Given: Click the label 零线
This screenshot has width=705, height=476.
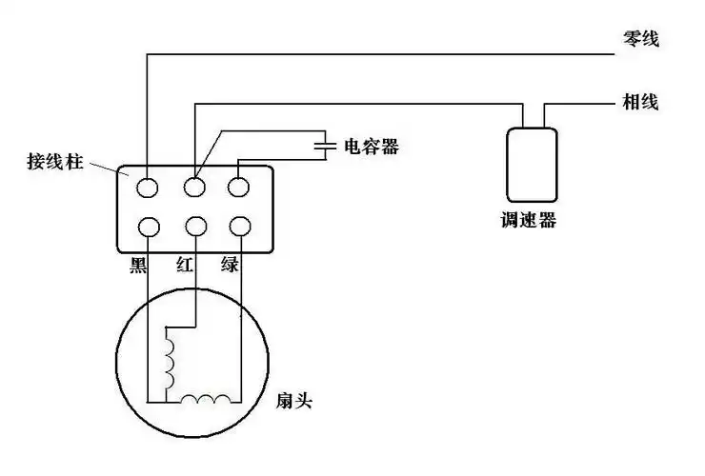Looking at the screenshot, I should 639,40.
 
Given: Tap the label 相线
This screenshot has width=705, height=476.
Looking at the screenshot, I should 640,101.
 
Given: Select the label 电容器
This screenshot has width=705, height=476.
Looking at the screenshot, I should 372,147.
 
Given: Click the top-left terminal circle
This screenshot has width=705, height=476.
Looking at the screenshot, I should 148,187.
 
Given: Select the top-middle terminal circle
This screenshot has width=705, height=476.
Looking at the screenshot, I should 196,185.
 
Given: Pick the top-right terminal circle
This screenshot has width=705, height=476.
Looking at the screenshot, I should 239,186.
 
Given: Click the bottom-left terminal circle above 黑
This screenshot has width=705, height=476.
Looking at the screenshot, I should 148,227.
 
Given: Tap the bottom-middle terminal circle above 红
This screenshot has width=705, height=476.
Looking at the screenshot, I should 196,227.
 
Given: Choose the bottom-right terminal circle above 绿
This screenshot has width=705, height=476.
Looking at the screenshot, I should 239,227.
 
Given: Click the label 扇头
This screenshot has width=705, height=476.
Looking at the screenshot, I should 292,402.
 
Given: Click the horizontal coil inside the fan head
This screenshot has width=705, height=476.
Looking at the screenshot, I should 207,399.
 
